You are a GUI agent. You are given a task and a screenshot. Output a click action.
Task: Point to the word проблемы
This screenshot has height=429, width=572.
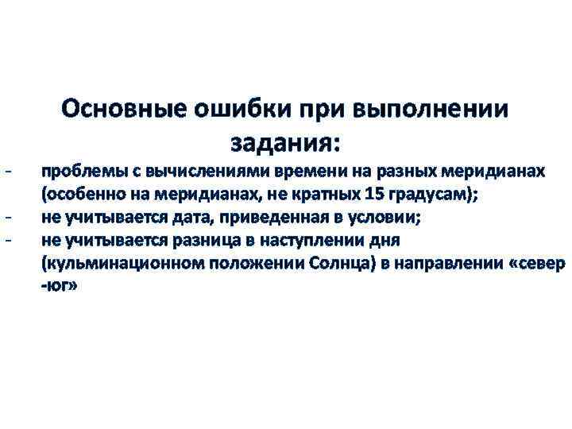coord(77,172)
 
